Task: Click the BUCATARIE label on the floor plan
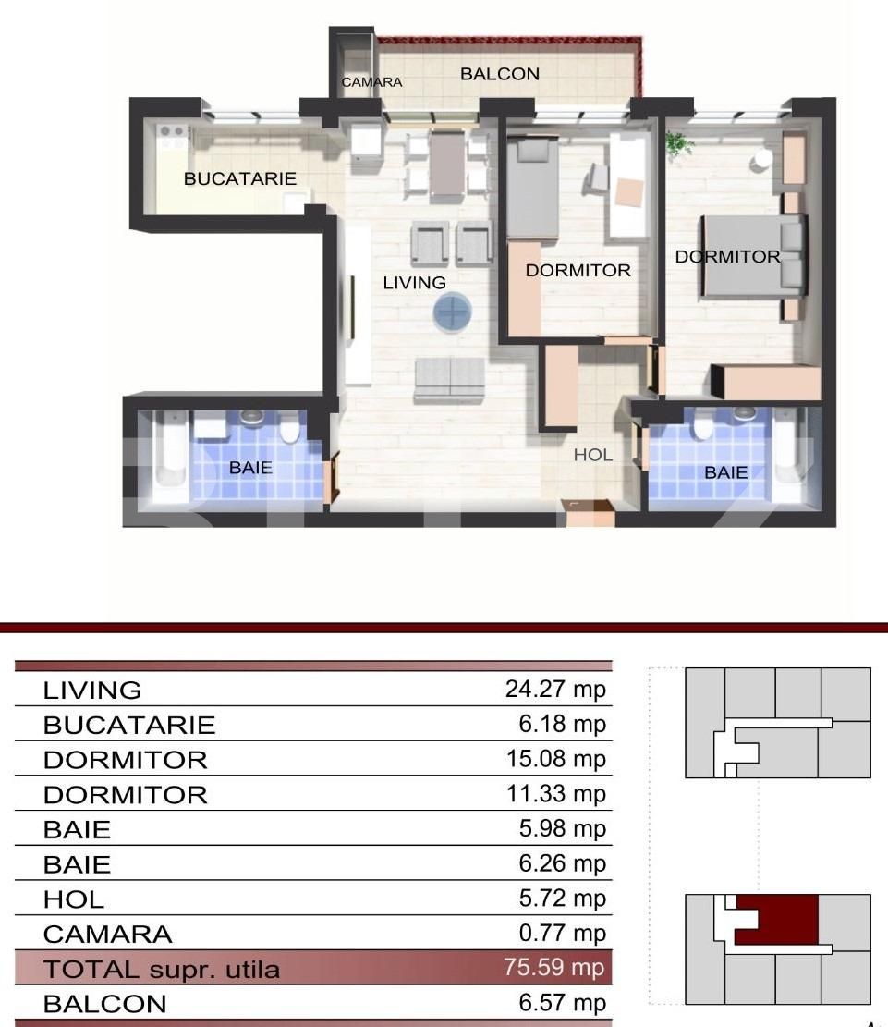coord(240,178)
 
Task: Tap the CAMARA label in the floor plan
coord(371,82)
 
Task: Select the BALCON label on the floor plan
coord(499,74)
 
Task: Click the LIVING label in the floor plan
coord(414,283)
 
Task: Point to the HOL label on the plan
coord(592,455)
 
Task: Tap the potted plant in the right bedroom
coord(679,144)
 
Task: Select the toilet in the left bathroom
coord(289,431)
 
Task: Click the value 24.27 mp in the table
coord(554,690)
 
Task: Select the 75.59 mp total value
coord(554,968)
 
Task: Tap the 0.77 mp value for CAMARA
coord(562,933)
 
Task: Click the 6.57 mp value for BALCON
coord(562,1003)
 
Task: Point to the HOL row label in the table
coord(74,899)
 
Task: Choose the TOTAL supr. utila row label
coord(162,970)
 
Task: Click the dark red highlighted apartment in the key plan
coord(785,920)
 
